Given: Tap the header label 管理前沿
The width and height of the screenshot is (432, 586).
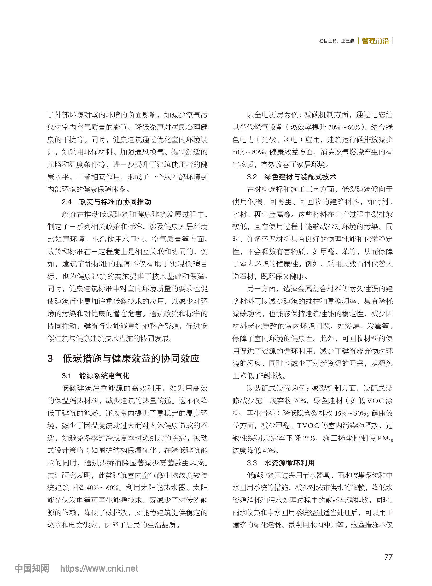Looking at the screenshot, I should click(x=375, y=41).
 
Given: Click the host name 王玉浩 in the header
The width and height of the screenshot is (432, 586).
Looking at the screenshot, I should click(x=348, y=41).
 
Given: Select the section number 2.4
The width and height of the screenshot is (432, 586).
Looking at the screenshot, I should click(x=66, y=202).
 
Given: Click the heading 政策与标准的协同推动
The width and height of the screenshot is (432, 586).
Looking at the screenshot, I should click(x=115, y=202).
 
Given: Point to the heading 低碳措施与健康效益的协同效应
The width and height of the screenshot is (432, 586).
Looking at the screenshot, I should click(x=131, y=358).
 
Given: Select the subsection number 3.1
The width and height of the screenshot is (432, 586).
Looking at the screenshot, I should click(x=66, y=376).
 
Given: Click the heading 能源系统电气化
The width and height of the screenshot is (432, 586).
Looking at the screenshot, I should click(x=104, y=376).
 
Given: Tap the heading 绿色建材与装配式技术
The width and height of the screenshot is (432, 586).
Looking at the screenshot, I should click(x=300, y=177).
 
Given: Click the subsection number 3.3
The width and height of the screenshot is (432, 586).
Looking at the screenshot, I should click(x=252, y=463).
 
